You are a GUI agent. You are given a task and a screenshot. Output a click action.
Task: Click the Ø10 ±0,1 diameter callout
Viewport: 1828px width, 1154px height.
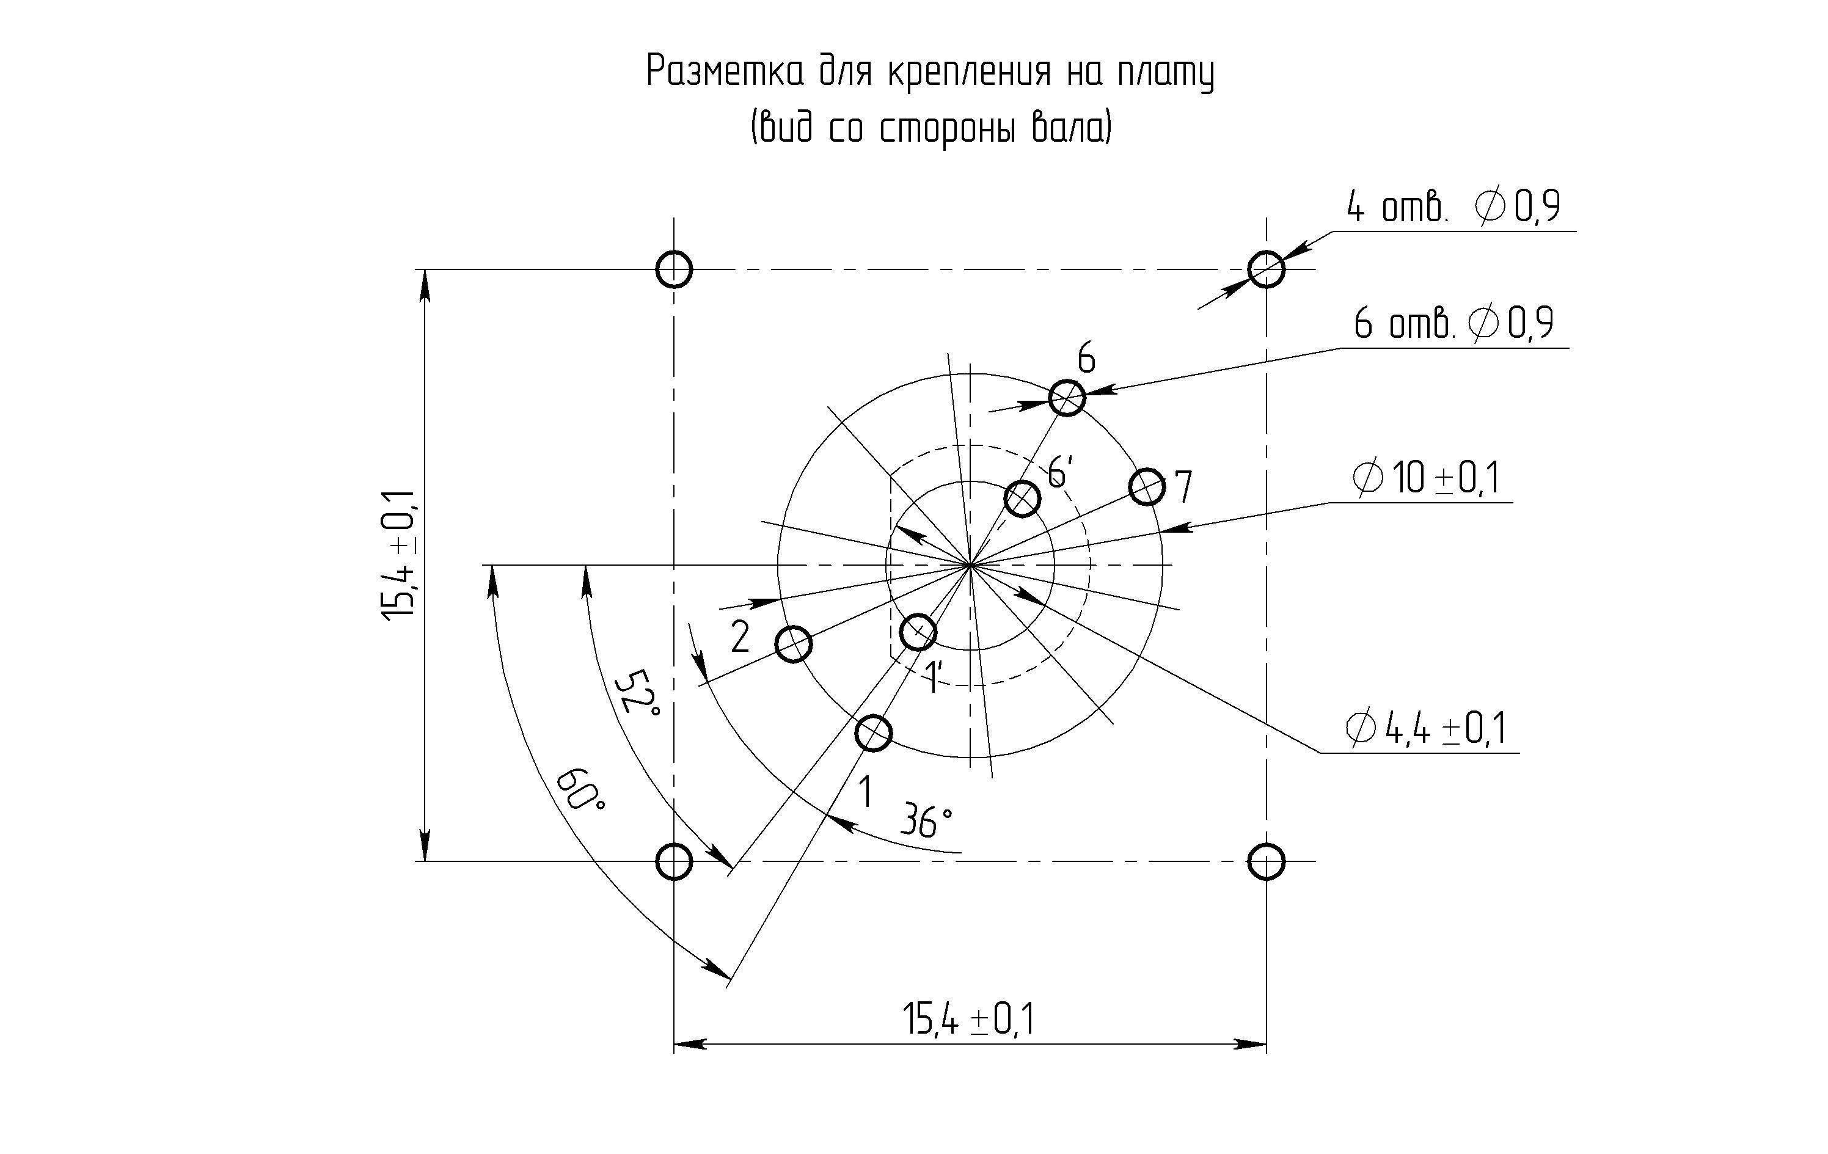pos(1425,478)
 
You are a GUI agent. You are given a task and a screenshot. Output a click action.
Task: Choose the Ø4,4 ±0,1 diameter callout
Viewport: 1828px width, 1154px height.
pos(1425,729)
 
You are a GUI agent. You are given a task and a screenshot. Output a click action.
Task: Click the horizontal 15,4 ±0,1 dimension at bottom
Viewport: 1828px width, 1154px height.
pos(968,1019)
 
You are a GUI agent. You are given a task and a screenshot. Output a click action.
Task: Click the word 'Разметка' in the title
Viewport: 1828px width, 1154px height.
pos(725,72)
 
